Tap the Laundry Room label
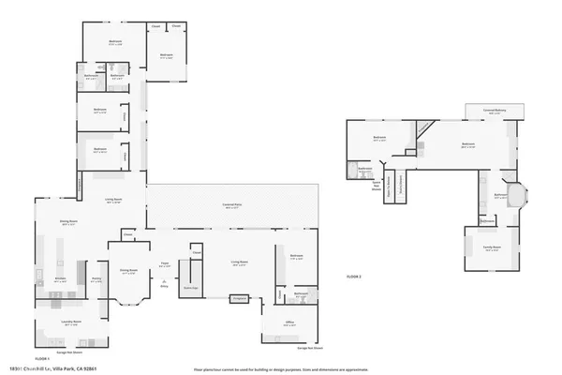pyautogui.click(x=58, y=325)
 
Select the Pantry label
pyautogui.click(x=96, y=278)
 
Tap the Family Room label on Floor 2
pyautogui.click(x=492, y=248)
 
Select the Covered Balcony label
pyautogui.click(x=495, y=110)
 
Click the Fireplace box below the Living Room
pyautogui.click(x=238, y=298)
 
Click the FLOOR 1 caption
pyautogui.click(x=42, y=358)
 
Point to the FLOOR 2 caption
pyautogui.click(x=354, y=277)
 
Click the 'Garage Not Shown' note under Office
pyautogui.click(x=309, y=348)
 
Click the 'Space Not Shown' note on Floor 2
pyautogui.click(x=377, y=185)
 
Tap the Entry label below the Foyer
pyautogui.click(x=164, y=286)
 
